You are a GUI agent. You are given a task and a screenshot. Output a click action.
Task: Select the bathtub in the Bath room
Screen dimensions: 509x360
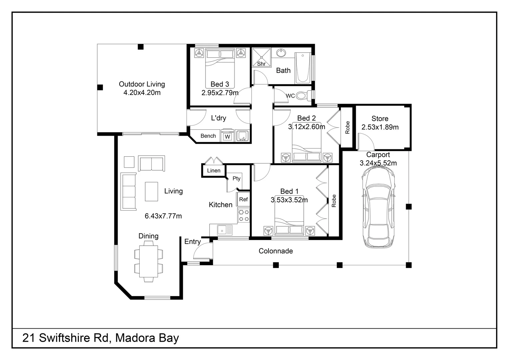click(302, 68)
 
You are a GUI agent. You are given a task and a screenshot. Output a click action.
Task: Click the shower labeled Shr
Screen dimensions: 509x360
click(261, 57)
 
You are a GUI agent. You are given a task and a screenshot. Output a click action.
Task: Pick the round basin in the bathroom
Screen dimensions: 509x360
click(281, 53)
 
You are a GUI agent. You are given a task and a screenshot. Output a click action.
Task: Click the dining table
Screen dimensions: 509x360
click(148, 261)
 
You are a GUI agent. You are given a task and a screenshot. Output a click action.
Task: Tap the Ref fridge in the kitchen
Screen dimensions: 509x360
click(243, 199)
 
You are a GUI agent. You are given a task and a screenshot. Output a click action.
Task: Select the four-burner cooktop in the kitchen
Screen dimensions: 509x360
click(244, 215)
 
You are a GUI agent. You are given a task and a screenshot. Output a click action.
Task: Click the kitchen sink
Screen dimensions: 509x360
click(225, 230)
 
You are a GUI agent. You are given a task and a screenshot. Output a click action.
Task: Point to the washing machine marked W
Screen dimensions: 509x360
click(227, 136)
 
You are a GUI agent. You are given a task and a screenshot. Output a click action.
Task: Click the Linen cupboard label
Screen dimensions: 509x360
click(214, 171)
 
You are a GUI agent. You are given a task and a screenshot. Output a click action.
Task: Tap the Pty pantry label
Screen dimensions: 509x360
click(236, 179)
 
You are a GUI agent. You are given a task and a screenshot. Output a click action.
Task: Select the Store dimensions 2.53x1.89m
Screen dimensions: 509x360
click(380, 127)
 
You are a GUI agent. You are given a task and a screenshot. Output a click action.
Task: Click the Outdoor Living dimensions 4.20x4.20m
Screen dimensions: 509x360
click(142, 93)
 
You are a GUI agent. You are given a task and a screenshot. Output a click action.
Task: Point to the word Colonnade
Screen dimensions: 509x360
click(275, 251)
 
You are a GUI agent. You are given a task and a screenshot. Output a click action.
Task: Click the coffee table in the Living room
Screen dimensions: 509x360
click(152, 191)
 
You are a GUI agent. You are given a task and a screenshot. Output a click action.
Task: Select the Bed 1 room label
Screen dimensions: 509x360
click(289, 191)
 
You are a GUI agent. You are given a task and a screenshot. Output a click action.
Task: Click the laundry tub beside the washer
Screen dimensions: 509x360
click(242, 136)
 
